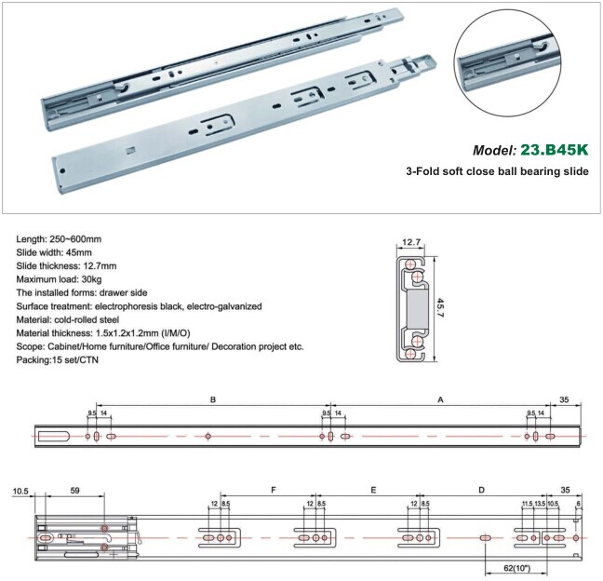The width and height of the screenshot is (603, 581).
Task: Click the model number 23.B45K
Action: (x=555, y=150)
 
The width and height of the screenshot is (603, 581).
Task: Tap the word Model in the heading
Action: (x=494, y=150)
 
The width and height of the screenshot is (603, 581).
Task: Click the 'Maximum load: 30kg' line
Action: (x=59, y=279)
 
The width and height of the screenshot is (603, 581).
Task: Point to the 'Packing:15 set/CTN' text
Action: (x=58, y=360)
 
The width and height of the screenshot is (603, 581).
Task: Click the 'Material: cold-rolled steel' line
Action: (x=68, y=319)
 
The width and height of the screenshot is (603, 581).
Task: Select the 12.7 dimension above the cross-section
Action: (x=411, y=242)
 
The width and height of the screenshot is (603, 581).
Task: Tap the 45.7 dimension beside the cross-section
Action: (x=441, y=308)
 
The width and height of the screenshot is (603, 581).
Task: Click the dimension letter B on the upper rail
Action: (x=213, y=399)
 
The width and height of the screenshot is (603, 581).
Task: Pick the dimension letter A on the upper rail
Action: (x=441, y=399)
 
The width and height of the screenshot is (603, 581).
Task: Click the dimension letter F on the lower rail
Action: (x=274, y=490)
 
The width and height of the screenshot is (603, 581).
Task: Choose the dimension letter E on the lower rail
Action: (x=373, y=490)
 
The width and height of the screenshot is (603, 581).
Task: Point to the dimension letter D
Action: (x=481, y=490)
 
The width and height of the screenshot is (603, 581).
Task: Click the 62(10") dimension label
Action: (x=516, y=568)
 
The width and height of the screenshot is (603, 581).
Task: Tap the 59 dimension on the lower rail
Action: (x=75, y=490)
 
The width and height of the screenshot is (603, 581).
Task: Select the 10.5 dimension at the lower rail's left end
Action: (x=20, y=491)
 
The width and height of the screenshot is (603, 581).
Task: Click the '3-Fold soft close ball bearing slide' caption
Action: (x=497, y=170)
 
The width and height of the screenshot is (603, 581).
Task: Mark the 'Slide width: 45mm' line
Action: (x=54, y=253)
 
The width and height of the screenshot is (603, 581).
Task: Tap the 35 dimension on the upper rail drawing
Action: (x=564, y=399)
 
